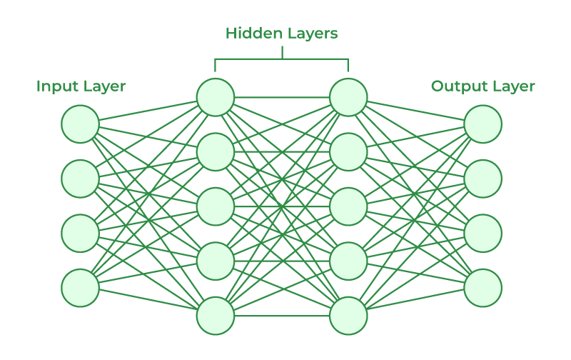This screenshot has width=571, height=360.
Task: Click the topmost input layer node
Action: pos(80,124)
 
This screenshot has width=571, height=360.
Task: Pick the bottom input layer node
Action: pos(80,288)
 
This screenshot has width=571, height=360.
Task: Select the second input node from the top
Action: pos(80,179)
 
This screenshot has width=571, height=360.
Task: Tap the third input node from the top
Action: pos(80,233)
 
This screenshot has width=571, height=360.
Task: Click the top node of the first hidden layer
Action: pos(216,97)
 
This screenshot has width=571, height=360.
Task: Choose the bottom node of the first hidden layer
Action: pos(216,316)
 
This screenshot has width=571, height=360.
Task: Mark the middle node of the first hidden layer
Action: pos(216,206)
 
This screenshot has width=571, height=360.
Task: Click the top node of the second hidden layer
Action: pos(348,97)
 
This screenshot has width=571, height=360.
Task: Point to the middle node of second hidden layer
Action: pos(348,206)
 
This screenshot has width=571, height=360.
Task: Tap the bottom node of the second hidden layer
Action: pos(348,316)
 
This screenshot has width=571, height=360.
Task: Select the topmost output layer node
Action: pos(483,124)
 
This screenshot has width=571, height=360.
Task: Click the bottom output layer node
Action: pos(483,288)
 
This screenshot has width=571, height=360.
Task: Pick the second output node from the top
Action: pos(483,179)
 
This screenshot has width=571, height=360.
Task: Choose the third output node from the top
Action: pos(483,233)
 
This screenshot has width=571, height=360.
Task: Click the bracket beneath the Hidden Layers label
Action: pos(282,59)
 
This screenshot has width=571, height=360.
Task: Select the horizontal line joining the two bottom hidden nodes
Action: pos(282,316)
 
